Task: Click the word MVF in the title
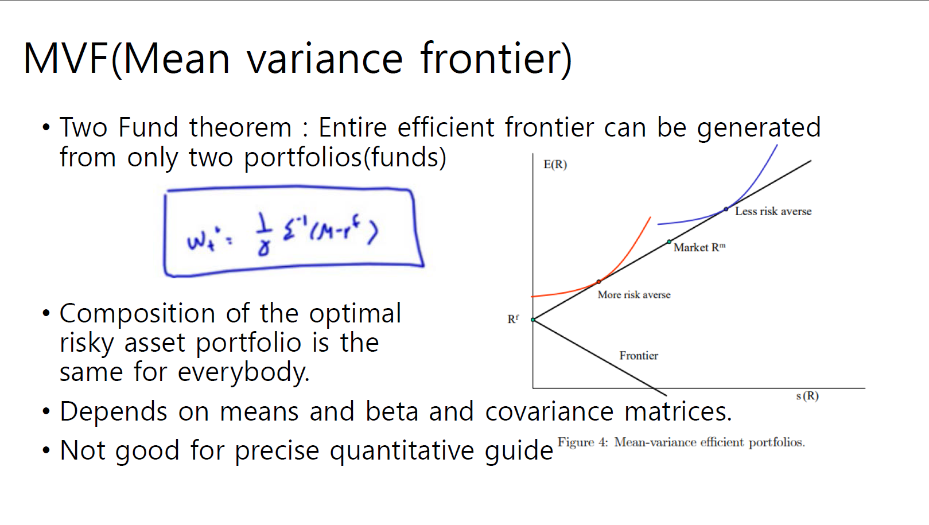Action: click(x=67, y=59)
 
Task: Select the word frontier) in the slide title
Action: click(x=496, y=59)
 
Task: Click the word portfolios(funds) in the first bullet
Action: click(x=345, y=158)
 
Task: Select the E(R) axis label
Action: click(x=555, y=165)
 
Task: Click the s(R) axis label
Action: click(x=807, y=396)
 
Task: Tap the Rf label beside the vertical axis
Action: click(x=512, y=319)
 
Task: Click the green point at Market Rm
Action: click(x=669, y=242)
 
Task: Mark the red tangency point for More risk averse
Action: click(x=598, y=282)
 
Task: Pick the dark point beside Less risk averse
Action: click(x=726, y=209)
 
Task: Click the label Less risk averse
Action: click(x=773, y=212)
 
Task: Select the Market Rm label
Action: click(x=699, y=247)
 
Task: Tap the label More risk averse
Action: click(x=633, y=295)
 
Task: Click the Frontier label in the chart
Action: click(x=638, y=355)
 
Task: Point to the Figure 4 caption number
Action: click(x=603, y=442)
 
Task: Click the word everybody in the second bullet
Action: click(x=243, y=372)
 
